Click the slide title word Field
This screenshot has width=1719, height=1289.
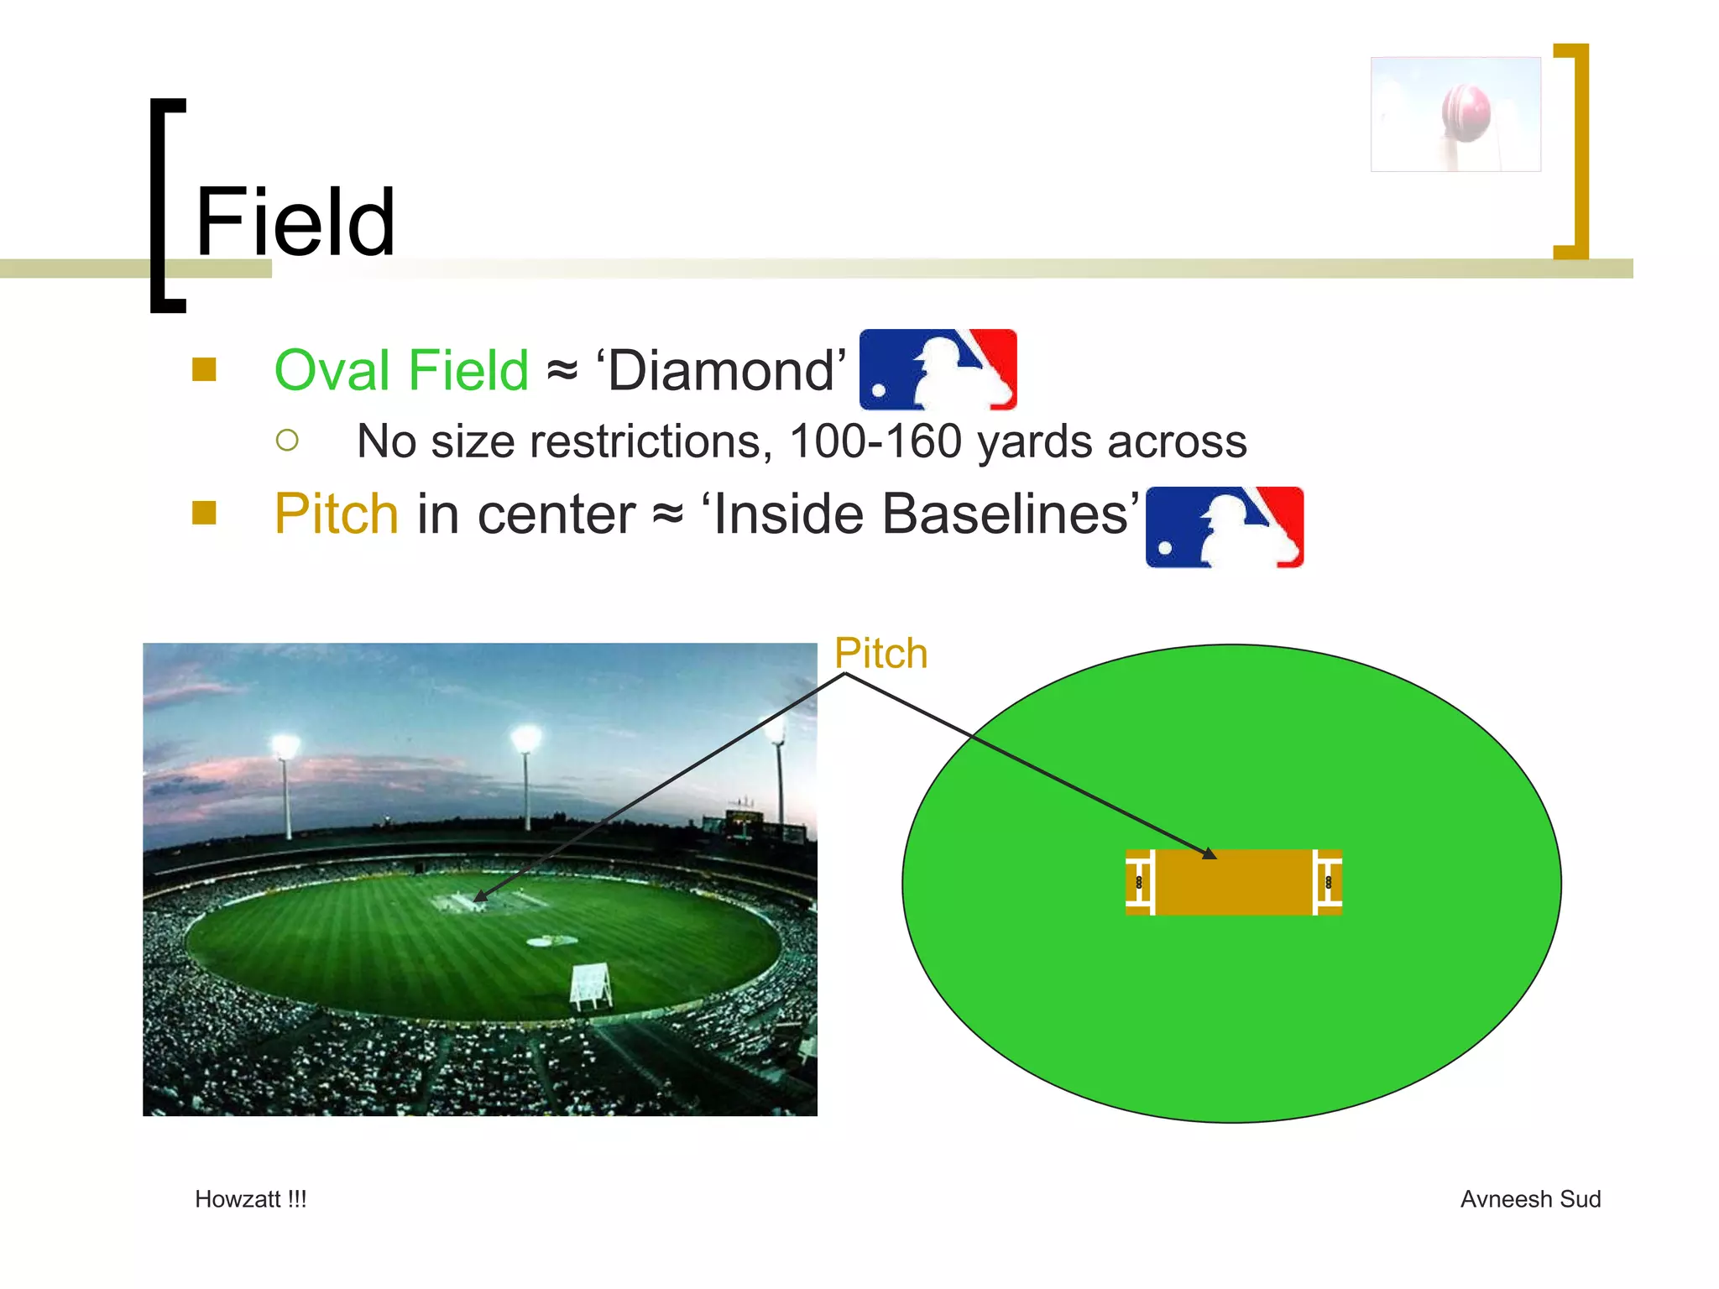click(x=295, y=223)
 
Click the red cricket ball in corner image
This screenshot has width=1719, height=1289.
click(x=1466, y=112)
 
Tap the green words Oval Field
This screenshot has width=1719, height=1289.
click(x=401, y=370)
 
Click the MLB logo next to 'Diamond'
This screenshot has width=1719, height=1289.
click(x=938, y=369)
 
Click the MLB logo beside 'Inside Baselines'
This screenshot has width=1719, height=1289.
click(x=1224, y=527)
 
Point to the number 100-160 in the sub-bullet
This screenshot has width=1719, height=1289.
click(x=875, y=441)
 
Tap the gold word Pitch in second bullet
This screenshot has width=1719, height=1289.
click(x=336, y=514)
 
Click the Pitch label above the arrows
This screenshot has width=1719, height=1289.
click(x=880, y=653)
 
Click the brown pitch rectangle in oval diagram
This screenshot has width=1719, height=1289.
click(x=1233, y=882)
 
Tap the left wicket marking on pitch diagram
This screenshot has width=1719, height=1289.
click(x=1140, y=882)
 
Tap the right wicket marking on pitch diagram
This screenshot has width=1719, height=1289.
click(x=1328, y=882)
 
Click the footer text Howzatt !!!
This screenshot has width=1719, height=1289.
click(x=250, y=1199)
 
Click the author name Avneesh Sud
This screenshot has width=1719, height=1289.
click(x=1529, y=1199)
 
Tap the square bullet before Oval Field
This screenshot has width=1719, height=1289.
click(x=204, y=370)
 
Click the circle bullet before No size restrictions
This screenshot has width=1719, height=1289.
click(x=287, y=441)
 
